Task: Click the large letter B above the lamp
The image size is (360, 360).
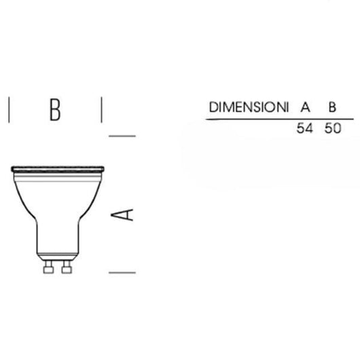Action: point(55,109)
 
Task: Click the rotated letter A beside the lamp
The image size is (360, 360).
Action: point(122,215)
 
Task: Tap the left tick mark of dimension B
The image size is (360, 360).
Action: point(9,109)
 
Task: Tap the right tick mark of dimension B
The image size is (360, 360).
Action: point(101,109)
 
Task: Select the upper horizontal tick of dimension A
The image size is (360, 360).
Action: point(122,135)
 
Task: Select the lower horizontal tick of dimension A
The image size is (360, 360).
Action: point(122,272)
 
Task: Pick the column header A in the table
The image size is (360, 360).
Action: point(305,107)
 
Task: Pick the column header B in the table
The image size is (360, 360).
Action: point(332,107)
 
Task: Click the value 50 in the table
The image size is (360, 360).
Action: point(332,128)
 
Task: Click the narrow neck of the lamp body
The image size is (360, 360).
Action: point(57,238)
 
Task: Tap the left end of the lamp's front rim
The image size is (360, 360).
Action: point(14,168)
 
